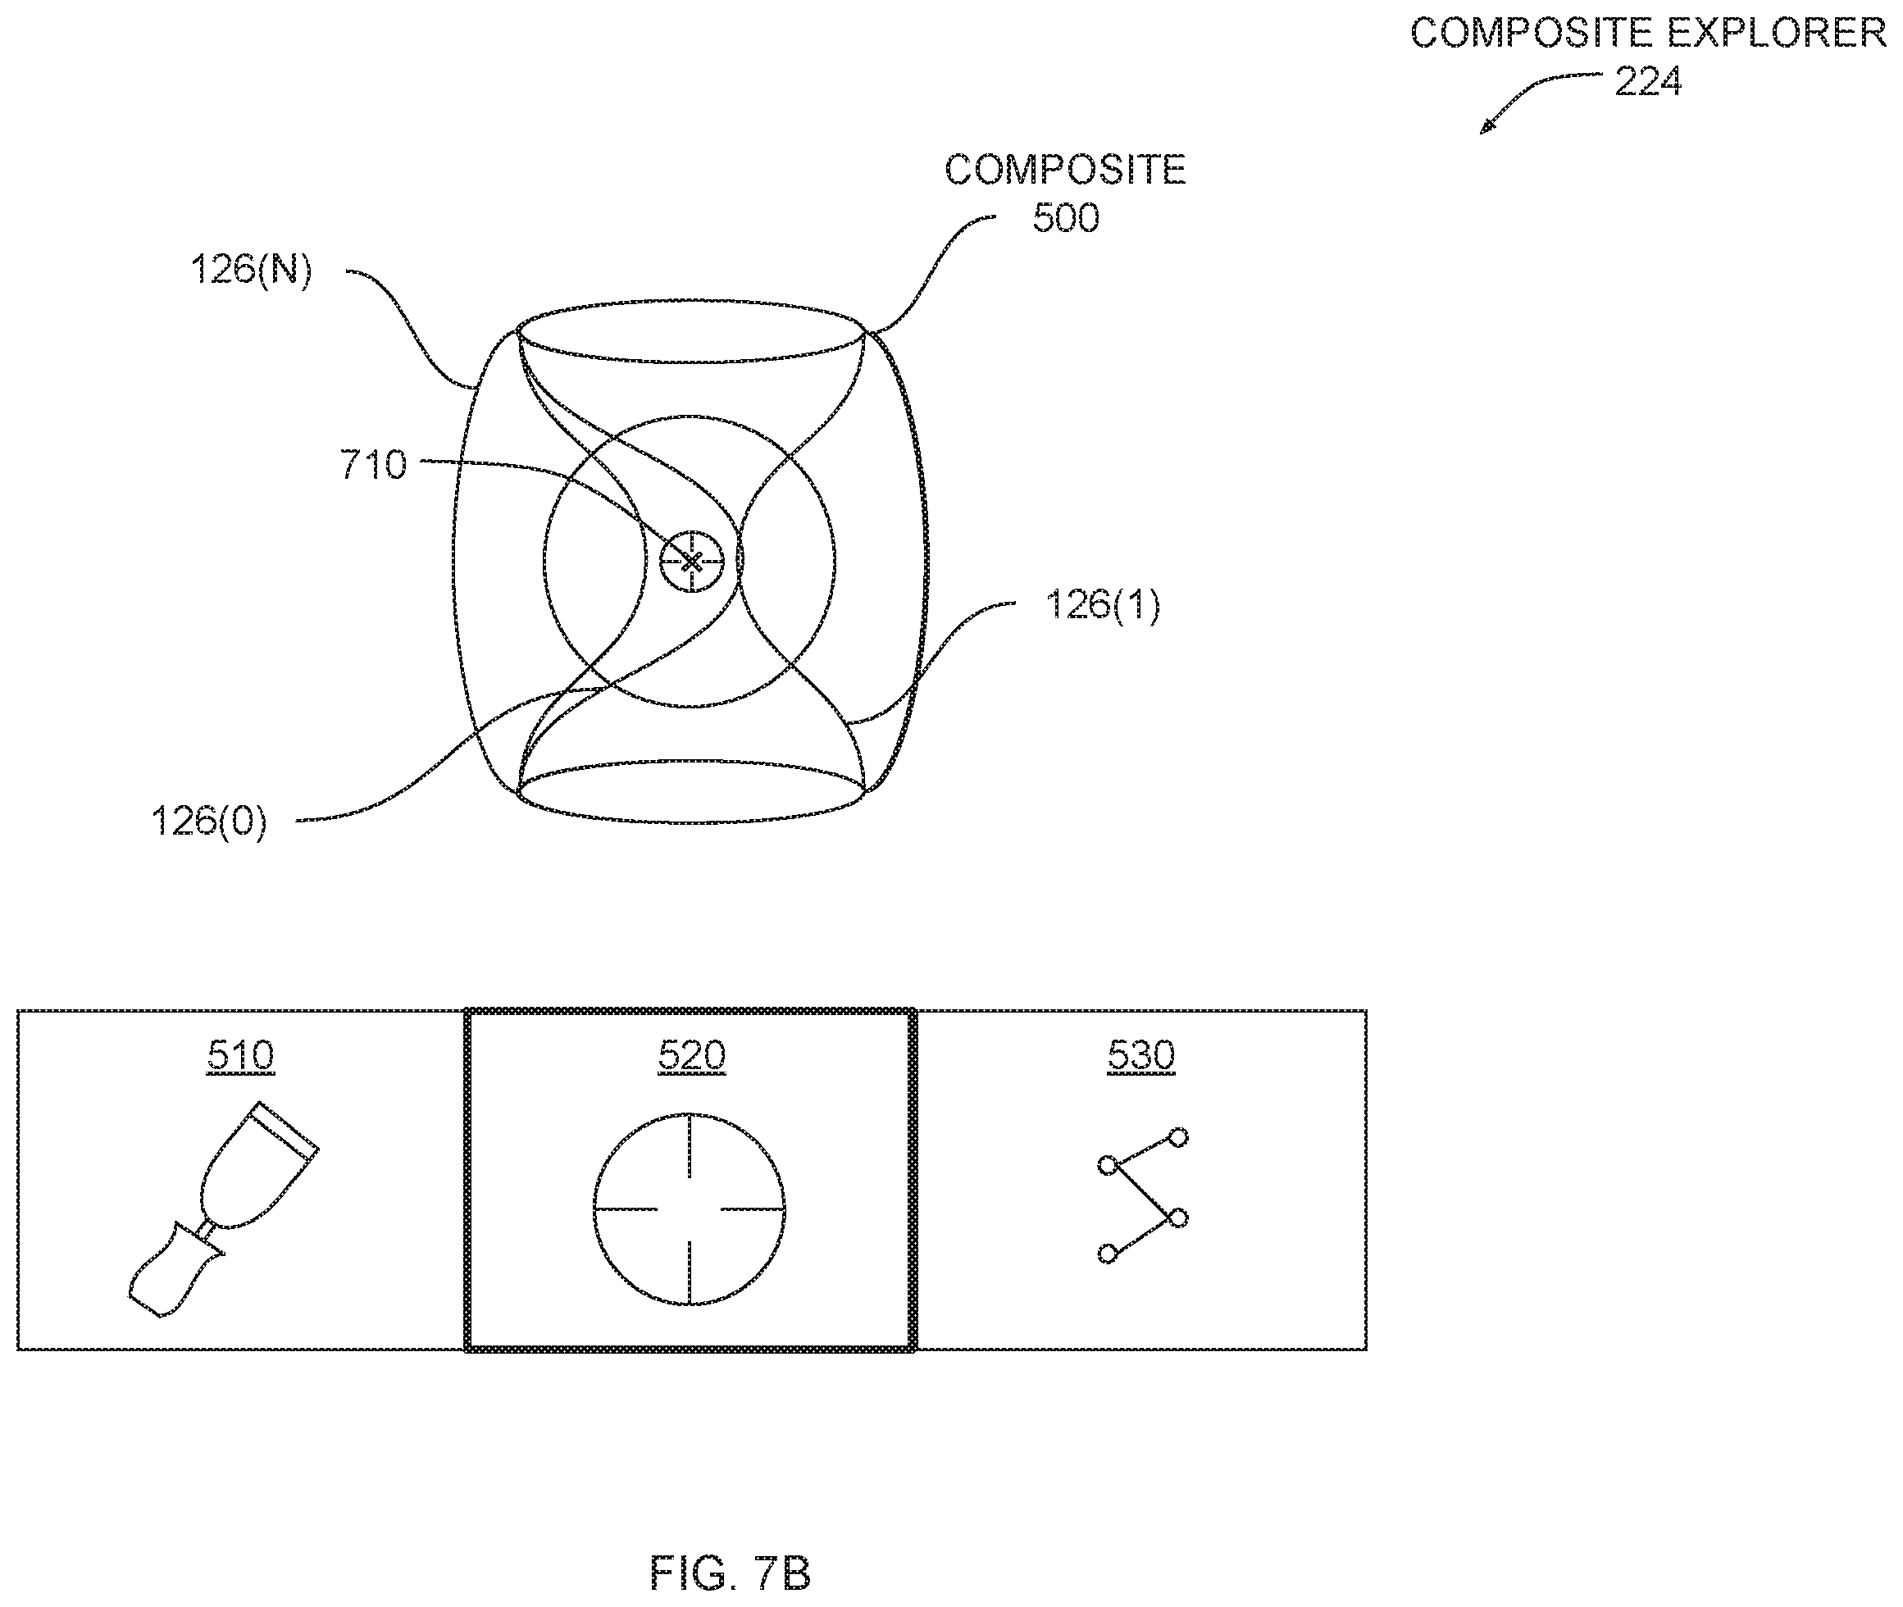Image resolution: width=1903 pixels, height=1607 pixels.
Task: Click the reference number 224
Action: pyautogui.click(x=1647, y=82)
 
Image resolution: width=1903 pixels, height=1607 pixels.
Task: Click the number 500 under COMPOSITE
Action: pyautogui.click(x=1065, y=218)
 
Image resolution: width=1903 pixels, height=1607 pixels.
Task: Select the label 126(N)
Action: pyautogui.click(x=252, y=270)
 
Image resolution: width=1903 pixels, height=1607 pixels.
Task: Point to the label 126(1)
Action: pyautogui.click(x=1102, y=605)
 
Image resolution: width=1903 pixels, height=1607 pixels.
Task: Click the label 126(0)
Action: pyautogui.click(x=208, y=822)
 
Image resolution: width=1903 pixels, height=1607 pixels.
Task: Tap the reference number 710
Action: pyautogui.click(x=372, y=465)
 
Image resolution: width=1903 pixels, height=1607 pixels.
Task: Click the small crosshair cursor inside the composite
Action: pyautogui.click(x=691, y=560)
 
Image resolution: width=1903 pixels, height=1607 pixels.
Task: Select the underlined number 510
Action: pyautogui.click(x=240, y=1055)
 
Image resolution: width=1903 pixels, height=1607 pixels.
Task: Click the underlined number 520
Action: pyautogui.click(x=691, y=1055)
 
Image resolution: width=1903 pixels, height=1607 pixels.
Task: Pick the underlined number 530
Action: pyautogui.click(x=1140, y=1055)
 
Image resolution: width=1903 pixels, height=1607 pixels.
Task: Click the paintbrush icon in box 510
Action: pyautogui.click(x=223, y=1210)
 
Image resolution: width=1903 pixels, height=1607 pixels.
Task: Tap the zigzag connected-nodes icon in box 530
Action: pyautogui.click(x=1142, y=1196)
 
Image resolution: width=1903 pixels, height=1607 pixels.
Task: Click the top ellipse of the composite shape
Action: pyautogui.click(x=690, y=301)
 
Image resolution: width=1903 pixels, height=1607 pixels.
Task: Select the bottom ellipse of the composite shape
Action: pyautogui.click(x=690, y=822)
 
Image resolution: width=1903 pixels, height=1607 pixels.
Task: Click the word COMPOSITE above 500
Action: pyautogui.click(x=1065, y=171)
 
